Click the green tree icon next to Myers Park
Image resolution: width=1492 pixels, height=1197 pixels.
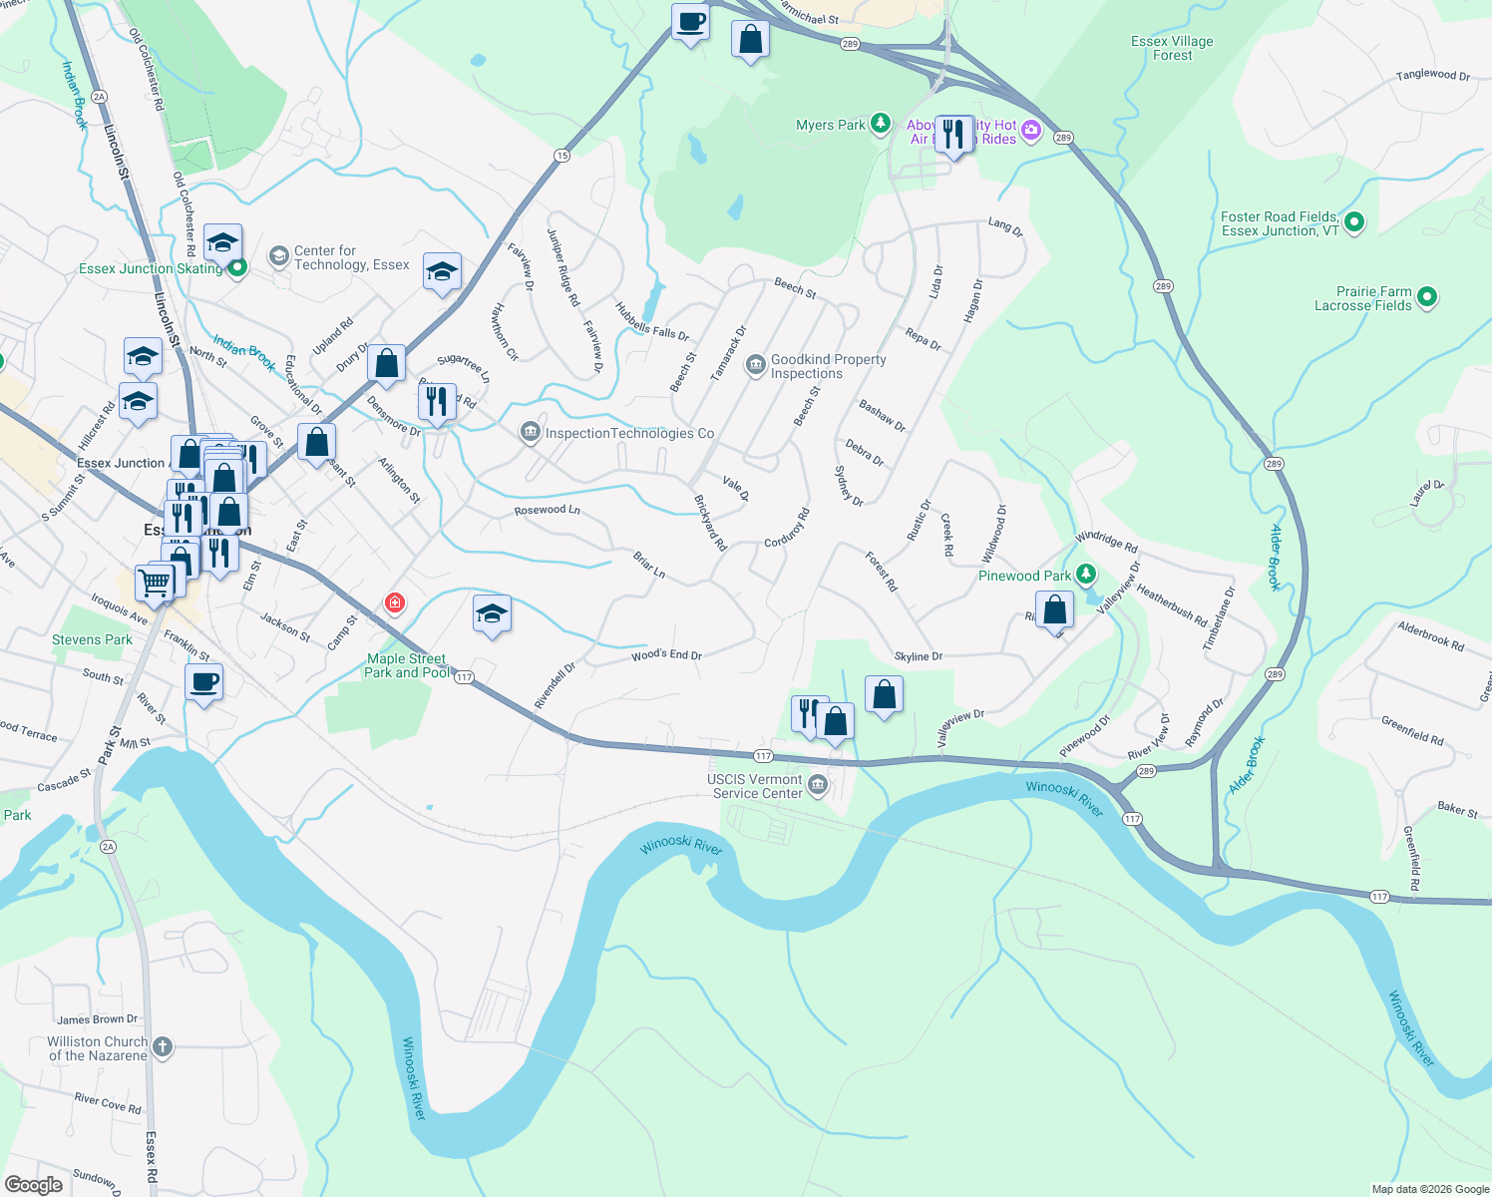click(x=880, y=124)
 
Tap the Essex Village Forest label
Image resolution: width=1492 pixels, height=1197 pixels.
click(x=1172, y=48)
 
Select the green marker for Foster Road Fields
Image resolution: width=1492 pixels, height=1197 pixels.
click(x=1353, y=222)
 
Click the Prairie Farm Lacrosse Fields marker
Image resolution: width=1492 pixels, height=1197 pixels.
click(x=1426, y=297)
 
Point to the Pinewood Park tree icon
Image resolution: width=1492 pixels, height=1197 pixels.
click(x=1086, y=575)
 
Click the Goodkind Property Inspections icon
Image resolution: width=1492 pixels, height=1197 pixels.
click(x=755, y=364)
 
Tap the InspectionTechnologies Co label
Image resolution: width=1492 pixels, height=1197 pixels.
click(x=629, y=433)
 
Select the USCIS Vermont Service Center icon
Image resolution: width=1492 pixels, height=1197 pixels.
click(x=817, y=785)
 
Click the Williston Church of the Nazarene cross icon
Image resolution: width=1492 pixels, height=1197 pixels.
click(x=162, y=1047)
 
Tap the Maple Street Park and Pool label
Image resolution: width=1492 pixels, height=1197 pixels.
click(x=406, y=665)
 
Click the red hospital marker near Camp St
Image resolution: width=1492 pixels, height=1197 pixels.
click(x=395, y=602)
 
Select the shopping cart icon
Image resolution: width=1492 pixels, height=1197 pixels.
click(x=155, y=582)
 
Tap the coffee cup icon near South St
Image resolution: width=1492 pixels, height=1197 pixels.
click(x=203, y=682)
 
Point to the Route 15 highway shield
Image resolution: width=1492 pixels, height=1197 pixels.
click(x=562, y=155)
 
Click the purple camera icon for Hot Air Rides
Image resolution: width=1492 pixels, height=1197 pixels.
click(x=1030, y=130)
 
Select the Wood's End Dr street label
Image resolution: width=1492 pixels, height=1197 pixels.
click(x=666, y=655)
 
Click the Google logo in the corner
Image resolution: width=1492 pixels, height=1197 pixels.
click(x=33, y=1185)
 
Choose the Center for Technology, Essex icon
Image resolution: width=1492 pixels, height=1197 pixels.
click(x=278, y=257)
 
